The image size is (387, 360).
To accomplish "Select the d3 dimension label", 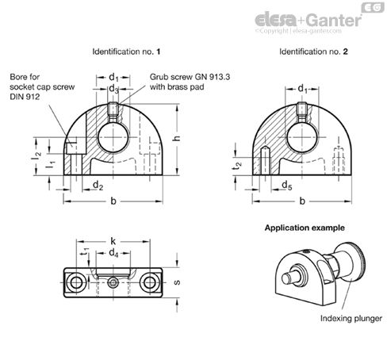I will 113,90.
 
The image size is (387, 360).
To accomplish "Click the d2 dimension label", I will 98,186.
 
